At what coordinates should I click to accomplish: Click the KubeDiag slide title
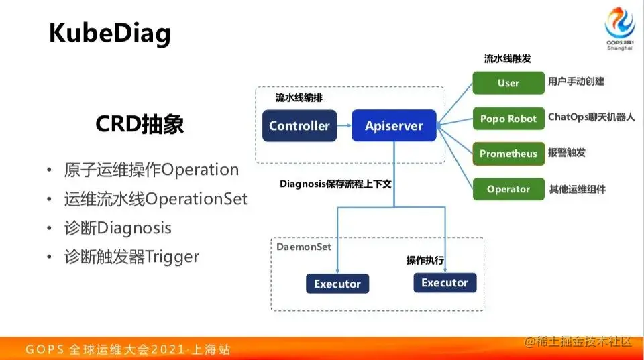point(109,33)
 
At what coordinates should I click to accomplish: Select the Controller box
point(299,125)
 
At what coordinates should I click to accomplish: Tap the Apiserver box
point(394,125)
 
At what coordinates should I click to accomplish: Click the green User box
point(508,83)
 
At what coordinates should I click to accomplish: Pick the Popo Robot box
point(508,119)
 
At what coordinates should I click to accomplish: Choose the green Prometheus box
point(508,154)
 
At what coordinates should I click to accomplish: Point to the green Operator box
point(508,189)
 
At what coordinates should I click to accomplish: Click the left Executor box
point(337,284)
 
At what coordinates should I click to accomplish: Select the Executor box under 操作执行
point(444,282)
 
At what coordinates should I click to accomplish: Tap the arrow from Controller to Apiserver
point(344,125)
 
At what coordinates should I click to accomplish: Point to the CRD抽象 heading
point(140,124)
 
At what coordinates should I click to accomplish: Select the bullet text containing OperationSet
point(156,199)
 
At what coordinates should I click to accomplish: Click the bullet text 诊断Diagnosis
point(117,228)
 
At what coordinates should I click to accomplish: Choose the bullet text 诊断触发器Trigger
point(131,257)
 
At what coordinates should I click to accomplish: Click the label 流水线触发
point(507,59)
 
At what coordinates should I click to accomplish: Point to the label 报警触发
point(567,152)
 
